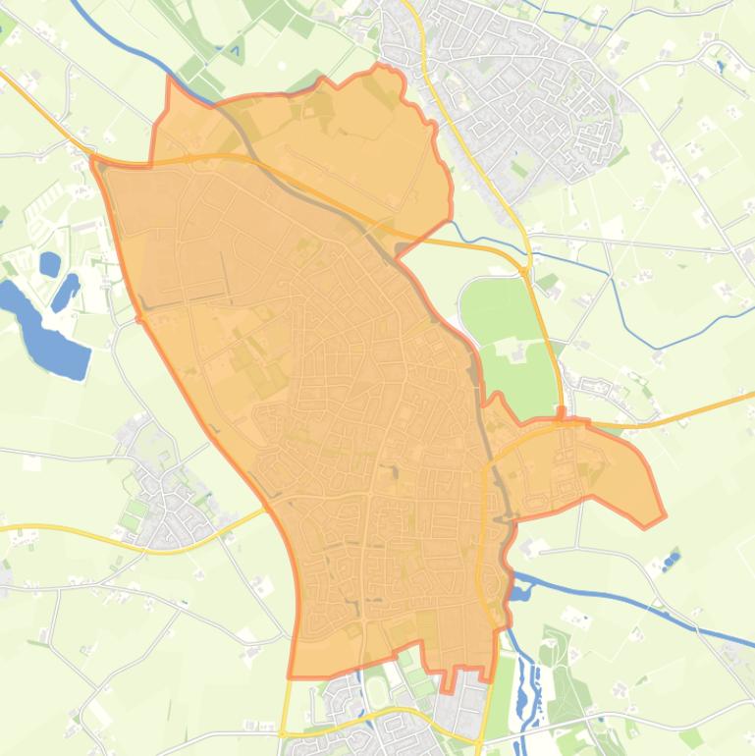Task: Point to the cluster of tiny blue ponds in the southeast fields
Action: coord(672,562)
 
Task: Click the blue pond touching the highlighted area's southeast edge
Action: coord(518,591)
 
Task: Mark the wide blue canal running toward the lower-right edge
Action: coord(628,595)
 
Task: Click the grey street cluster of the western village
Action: coord(167,491)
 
